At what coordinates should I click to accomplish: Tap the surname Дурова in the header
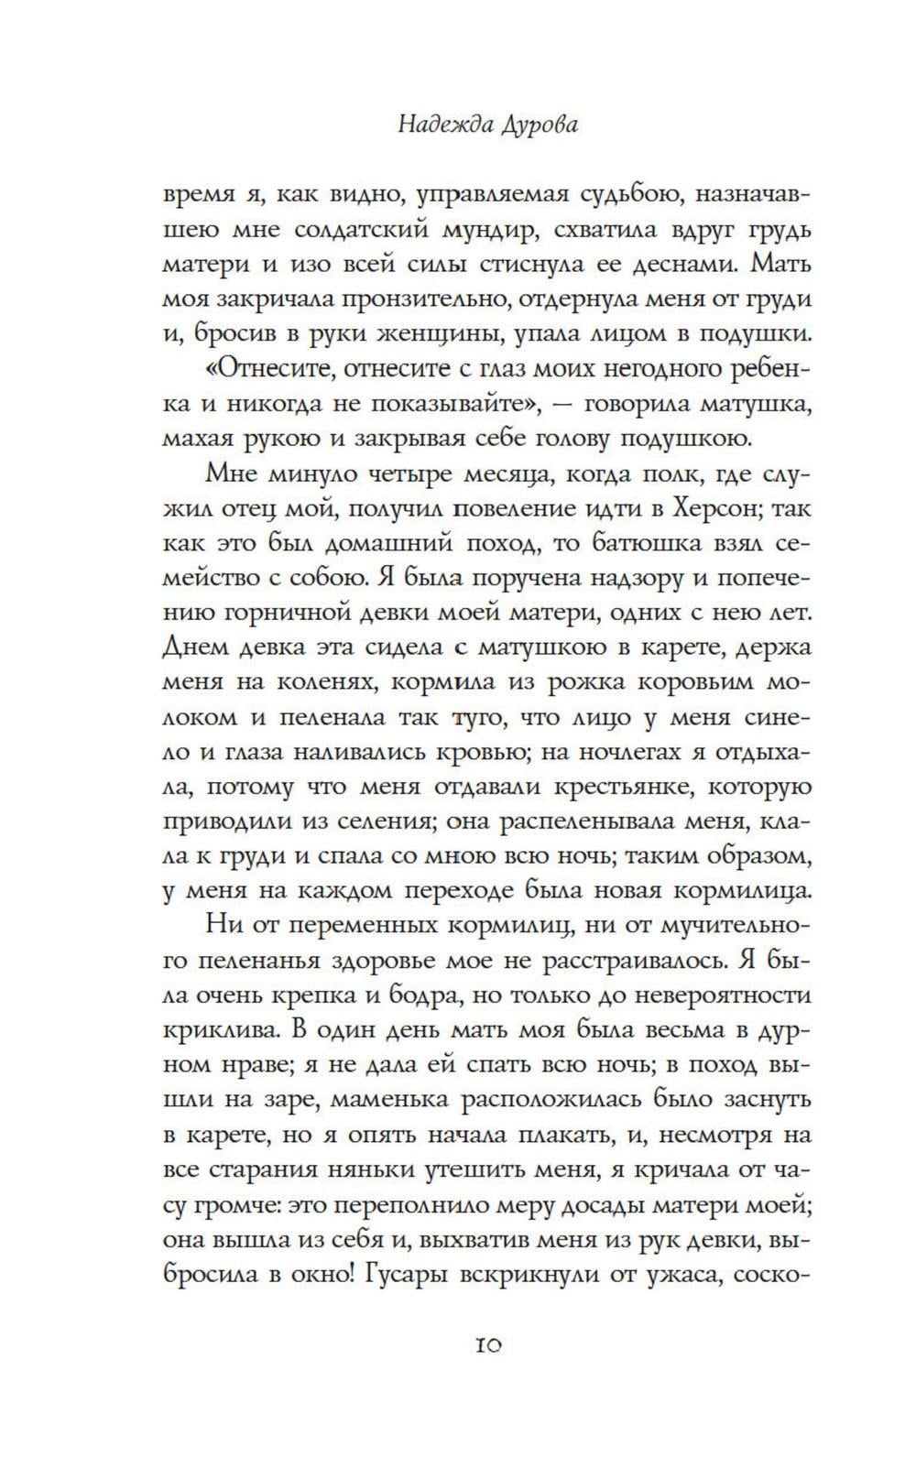pyautogui.click(x=541, y=125)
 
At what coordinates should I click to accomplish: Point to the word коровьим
pyautogui.click(x=692, y=682)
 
